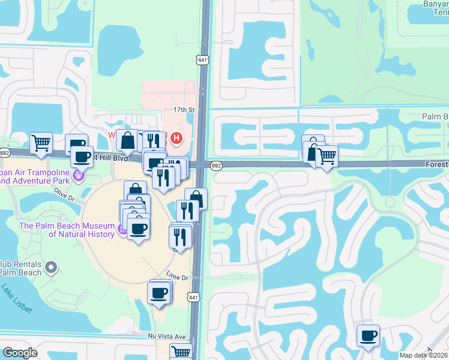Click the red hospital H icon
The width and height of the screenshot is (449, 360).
coord(176,139)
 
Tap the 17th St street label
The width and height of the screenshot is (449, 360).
coord(185,110)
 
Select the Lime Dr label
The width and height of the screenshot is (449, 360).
coord(177,278)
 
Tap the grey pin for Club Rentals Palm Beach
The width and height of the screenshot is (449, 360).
coord(52,266)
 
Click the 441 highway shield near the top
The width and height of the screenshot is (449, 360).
coord(203,59)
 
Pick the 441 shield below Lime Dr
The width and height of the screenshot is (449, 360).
coord(193,297)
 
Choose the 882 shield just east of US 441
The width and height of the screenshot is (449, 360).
coord(217,164)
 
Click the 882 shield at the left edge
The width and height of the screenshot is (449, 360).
coord(5,153)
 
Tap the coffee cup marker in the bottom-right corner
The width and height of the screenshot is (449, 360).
coord(368,336)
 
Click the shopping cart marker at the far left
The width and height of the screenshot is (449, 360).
coord(41,143)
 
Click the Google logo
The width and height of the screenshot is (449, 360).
coord(20,353)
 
